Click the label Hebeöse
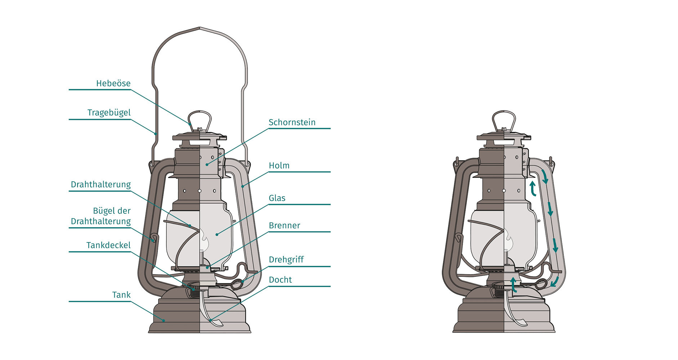[113, 84]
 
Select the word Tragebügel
[109, 113]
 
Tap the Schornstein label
[292, 122]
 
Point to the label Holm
[279, 166]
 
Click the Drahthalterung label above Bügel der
[101, 185]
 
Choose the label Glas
[277, 198]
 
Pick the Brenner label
[284, 225]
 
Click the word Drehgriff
[286, 260]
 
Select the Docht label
[280, 280]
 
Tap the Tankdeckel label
[108, 246]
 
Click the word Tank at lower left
[121, 295]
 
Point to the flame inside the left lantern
[204, 240]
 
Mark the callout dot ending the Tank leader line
[164, 320]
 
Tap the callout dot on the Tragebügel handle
[156, 134]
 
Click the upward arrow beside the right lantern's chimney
[532, 188]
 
